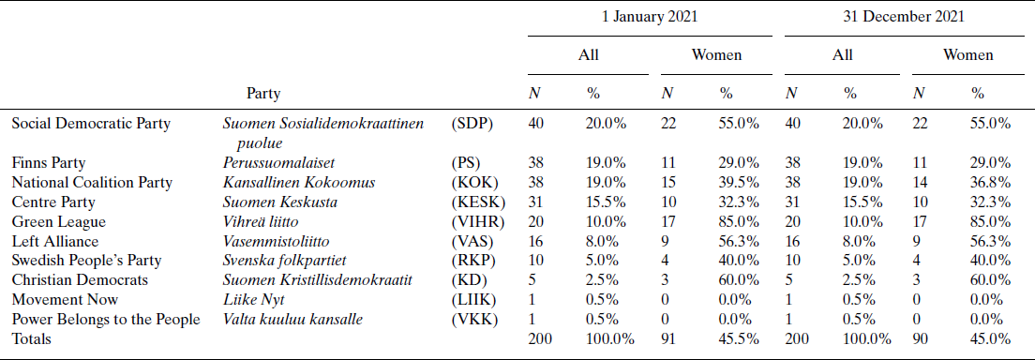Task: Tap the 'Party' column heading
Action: click(263, 94)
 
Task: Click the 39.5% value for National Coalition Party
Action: click(739, 182)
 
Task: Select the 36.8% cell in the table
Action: click(991, 182)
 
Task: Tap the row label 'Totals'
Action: click(33, 339)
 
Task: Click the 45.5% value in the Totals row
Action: click(739, 339)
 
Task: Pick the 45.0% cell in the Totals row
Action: click(991, 339)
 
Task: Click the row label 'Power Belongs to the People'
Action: click(105, 320)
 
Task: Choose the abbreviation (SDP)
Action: click(472, 124)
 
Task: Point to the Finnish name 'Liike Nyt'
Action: click(254, 300)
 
